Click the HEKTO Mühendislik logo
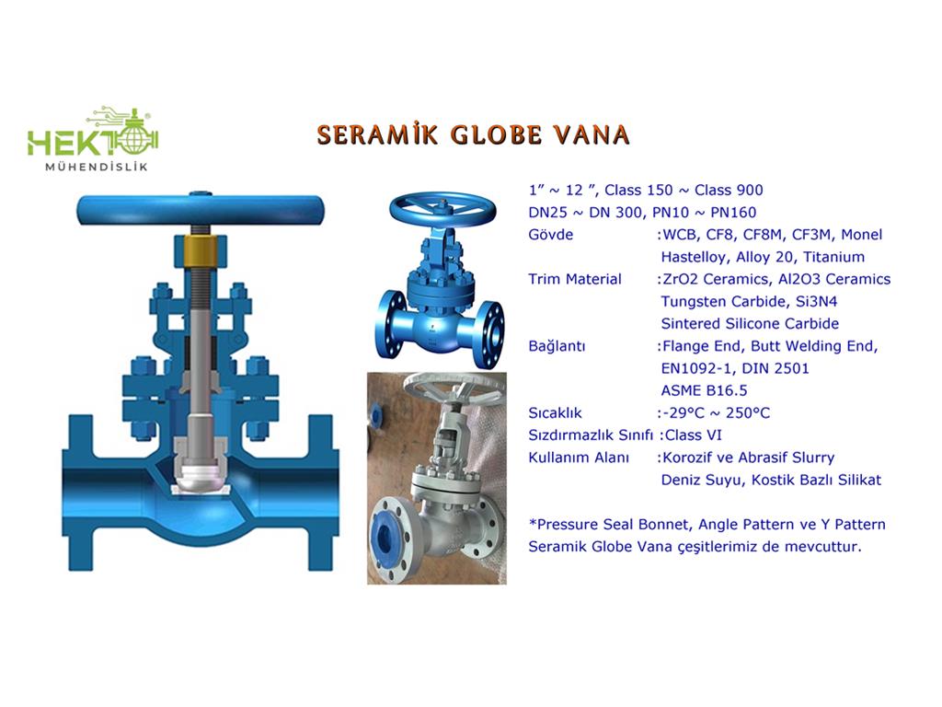[93, 139]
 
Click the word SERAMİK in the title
[378, 134]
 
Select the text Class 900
[729, 190]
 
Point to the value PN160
[733, 213]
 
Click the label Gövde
[551, 235]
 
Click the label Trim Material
[575, 279]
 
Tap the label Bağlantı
[557, 346]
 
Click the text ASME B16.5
[704, 390]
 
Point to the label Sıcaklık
[555, 413]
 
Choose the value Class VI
[694, 435]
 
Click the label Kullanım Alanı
[580, 458]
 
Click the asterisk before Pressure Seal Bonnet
[533, 522]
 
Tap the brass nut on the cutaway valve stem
[201, 250]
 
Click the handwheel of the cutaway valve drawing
[201, 210]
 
